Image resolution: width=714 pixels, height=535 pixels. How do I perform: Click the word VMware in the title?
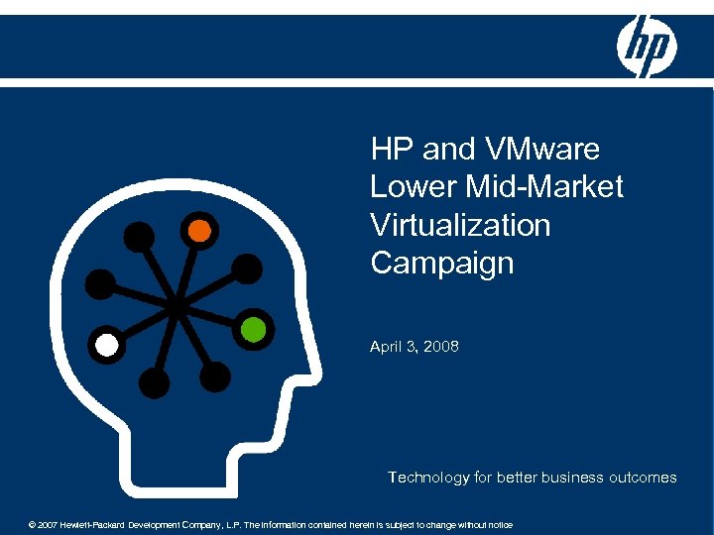(544, 150)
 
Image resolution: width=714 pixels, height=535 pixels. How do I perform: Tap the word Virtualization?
(460, 225)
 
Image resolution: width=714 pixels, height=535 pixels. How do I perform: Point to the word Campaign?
(442, 263)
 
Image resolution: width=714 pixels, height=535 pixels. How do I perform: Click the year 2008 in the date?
(439, 347)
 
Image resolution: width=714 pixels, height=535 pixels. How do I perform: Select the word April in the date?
(387, 347)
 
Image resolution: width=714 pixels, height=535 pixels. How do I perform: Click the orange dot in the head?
(199, 231)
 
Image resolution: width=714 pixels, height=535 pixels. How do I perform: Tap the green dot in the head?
(254, 329)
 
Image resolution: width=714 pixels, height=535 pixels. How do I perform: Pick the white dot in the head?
(107, 346)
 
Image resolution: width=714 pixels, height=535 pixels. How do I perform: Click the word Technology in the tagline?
(428, 478)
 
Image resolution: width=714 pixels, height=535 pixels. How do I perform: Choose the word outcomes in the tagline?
(643, 478)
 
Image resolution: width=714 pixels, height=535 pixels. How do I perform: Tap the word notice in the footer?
(499, 524)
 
